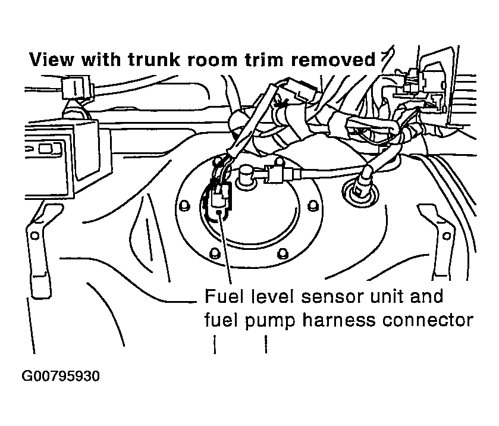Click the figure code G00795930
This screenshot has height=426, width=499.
(61, 377)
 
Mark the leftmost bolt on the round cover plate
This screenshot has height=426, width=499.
(184, 206)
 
